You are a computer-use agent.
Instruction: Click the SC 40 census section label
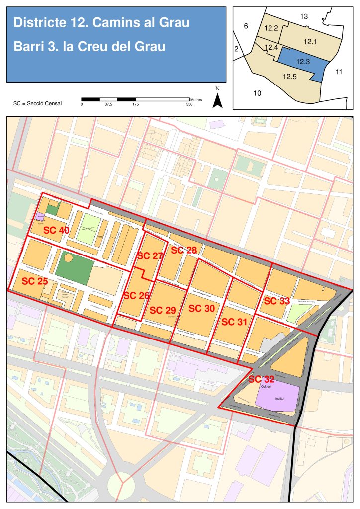56,230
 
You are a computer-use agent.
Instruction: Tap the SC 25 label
35,281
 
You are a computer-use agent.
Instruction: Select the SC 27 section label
150,256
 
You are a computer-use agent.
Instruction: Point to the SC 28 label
184,250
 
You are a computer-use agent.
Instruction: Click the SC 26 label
136,295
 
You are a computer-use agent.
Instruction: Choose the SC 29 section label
163,310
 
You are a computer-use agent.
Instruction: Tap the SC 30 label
202,308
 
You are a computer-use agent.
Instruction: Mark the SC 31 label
234,322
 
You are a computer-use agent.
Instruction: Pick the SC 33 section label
276,301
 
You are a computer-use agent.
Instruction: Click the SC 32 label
261,379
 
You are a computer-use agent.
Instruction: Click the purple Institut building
278,398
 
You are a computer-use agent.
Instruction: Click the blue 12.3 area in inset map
303,62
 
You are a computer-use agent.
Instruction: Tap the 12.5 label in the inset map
290,77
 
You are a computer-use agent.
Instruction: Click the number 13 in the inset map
304,17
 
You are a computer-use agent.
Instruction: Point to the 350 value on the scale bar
189,104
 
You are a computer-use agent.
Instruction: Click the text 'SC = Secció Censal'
38,104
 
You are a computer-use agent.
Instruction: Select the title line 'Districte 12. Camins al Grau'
101,22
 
